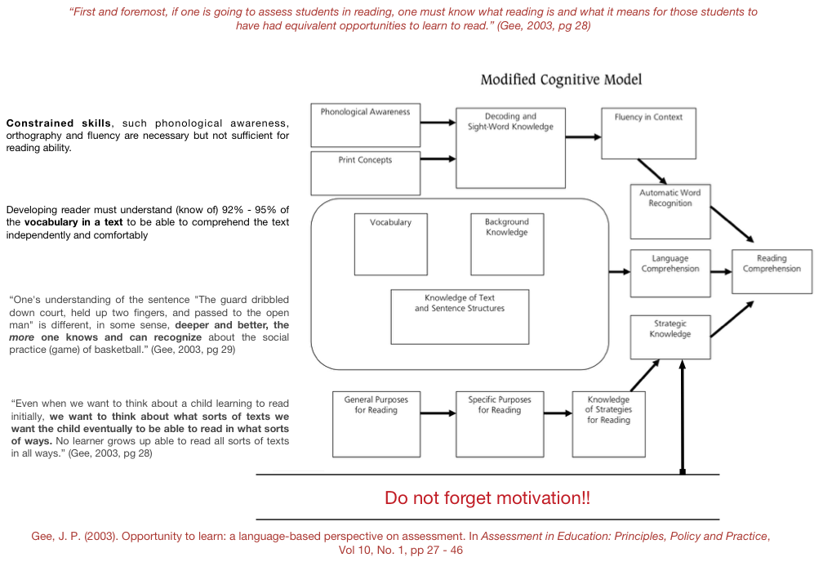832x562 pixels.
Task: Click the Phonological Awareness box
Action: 366,123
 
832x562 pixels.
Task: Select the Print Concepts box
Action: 366,172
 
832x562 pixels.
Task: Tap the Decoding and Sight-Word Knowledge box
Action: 510,147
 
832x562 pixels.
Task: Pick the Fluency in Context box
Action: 648,132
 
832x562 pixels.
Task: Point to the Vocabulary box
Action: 390,243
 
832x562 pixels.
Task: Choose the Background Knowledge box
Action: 507,243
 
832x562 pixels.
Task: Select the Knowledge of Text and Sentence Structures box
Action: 460,316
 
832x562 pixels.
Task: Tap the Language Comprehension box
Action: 670,273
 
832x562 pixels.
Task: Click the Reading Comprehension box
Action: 772,271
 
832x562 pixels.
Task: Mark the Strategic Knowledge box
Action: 670,337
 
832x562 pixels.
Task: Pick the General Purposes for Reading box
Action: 376,424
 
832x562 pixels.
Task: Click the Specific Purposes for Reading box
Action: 500,424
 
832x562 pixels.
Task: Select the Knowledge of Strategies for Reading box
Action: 609,424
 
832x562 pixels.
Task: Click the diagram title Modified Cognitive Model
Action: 561,79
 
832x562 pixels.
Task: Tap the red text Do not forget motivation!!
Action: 487,497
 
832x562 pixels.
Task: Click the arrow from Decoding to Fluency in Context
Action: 583,137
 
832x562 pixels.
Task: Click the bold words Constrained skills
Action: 58,123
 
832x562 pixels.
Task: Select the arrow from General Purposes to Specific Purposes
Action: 438,413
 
